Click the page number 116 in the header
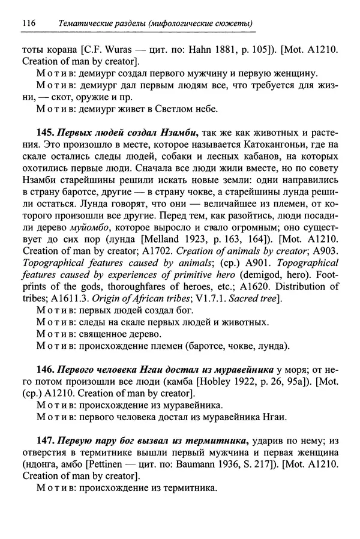pos(28,23)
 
